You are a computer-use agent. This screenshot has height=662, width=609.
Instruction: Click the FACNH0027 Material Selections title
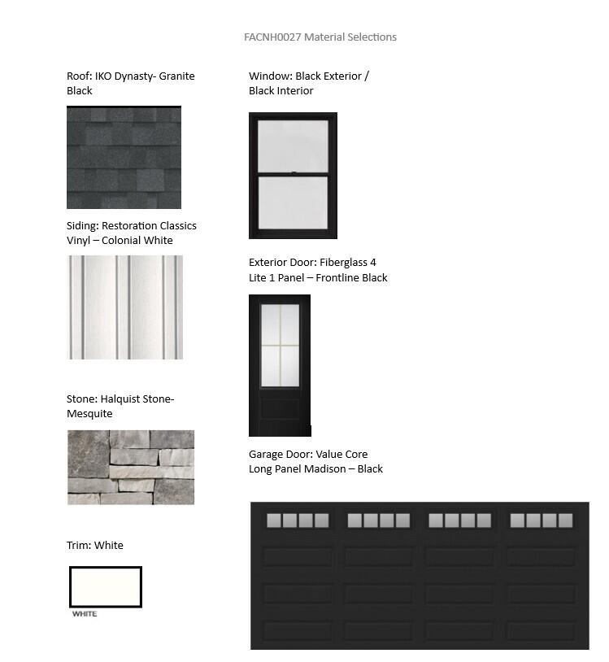pos(320,37)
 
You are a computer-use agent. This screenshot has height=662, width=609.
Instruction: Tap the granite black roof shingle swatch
pos(124,157)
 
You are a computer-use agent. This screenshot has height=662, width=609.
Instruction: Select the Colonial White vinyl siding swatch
pos(124,307)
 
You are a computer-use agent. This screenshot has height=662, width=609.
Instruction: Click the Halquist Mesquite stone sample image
pos(130,467)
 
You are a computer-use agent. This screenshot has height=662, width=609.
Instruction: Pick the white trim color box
pos(106,586)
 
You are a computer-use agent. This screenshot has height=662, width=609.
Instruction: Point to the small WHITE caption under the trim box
pos(85,614)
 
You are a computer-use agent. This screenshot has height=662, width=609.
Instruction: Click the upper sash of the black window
pos(293,146)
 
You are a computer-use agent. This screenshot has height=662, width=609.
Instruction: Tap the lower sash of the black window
pos(293,203)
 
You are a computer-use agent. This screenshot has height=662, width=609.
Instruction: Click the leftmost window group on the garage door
pos(298,520)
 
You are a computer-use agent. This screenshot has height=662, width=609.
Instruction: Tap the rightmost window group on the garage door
pos(541,520)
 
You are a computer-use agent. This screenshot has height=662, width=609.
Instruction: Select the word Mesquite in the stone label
pos(89,414)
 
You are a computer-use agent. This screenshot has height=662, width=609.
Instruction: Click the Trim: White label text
pos(95,545)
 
